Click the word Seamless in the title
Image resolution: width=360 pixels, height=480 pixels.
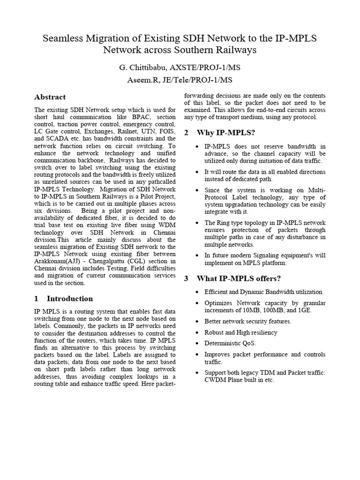[x=62, y=38]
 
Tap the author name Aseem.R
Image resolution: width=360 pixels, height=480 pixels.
[x=142, y=80]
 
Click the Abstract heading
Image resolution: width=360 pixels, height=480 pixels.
[x=50, y=97]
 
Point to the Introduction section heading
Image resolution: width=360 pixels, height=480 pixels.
[x=70, y=299]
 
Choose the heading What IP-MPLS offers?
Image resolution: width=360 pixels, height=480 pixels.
[x=239, y=278]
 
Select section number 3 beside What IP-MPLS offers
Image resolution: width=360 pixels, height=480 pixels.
[x=186, y=278]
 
